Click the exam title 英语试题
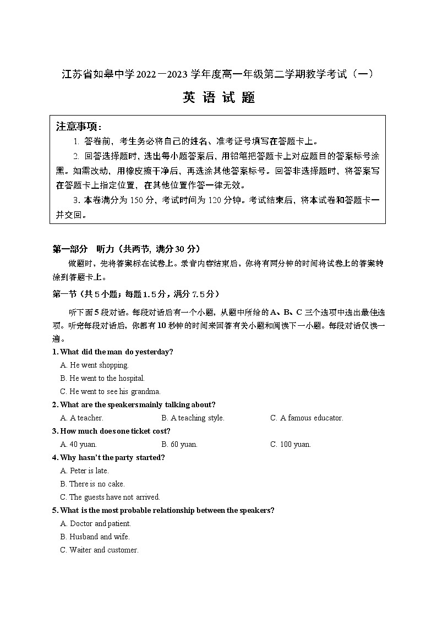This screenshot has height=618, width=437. (x=218, y=98)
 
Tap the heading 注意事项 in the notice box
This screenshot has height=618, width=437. (x=79, y=127)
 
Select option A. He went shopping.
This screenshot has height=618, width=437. (x=94, y=365)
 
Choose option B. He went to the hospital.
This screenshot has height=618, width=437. (x=102, y=378)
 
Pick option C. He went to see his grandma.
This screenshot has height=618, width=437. (x=110, y=391)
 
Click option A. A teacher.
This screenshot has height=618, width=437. (x=82, y=418)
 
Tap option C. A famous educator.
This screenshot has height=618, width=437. (x=307, y=418)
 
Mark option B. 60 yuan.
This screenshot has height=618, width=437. (x=179, y=444)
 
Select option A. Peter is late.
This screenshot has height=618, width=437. (x=85, y=471)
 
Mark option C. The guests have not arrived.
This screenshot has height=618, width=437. (x=110, y=497)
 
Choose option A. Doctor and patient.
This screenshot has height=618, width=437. (x=96, y=523)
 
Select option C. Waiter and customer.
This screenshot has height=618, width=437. (x=99, y=550)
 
